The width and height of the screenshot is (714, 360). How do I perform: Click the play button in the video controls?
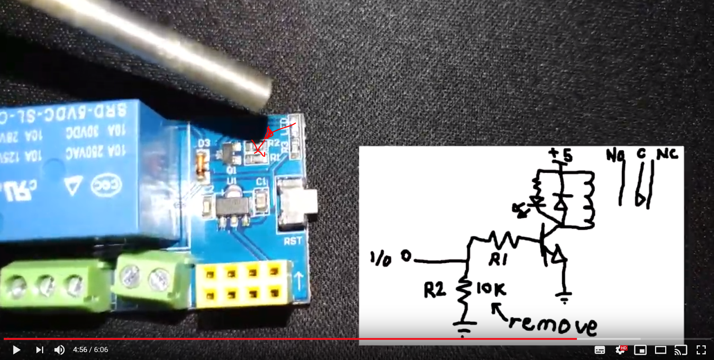click(x=16, y=350)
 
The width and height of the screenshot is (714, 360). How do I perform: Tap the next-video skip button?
click(x=39, y=350)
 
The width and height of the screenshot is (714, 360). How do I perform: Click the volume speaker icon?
click(x=59, y=350)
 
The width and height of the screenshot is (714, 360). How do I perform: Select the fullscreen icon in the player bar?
click(x=701, y=350)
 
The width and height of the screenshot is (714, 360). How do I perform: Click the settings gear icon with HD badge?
click(x=620, y=350)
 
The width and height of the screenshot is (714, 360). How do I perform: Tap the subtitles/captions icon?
click(x=600, y=350)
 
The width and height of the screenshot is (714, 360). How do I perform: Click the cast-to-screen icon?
click(x=681, y=350)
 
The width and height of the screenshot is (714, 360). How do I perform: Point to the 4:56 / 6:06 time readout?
click(x=91, y=350)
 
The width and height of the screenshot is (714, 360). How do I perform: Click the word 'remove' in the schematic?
click(x=552, y=324)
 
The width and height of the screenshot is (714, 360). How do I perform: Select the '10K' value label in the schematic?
click(x=491, y=289)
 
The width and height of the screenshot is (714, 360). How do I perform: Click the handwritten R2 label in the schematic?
click(x=435, y=290)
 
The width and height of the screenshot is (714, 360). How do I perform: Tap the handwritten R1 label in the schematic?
click(x=498, y=259)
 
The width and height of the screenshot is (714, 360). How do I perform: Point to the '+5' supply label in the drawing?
click(x=561, y=154)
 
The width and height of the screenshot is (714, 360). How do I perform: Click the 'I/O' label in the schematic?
click(x=381, y=259)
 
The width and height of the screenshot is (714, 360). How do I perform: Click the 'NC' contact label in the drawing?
click(x=667, y=154)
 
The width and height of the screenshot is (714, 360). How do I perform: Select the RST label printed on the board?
click(x=293, y=241)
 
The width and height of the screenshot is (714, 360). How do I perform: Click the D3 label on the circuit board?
click(x=204, y=143)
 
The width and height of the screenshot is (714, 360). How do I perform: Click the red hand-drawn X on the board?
click(x=258, y=148)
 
